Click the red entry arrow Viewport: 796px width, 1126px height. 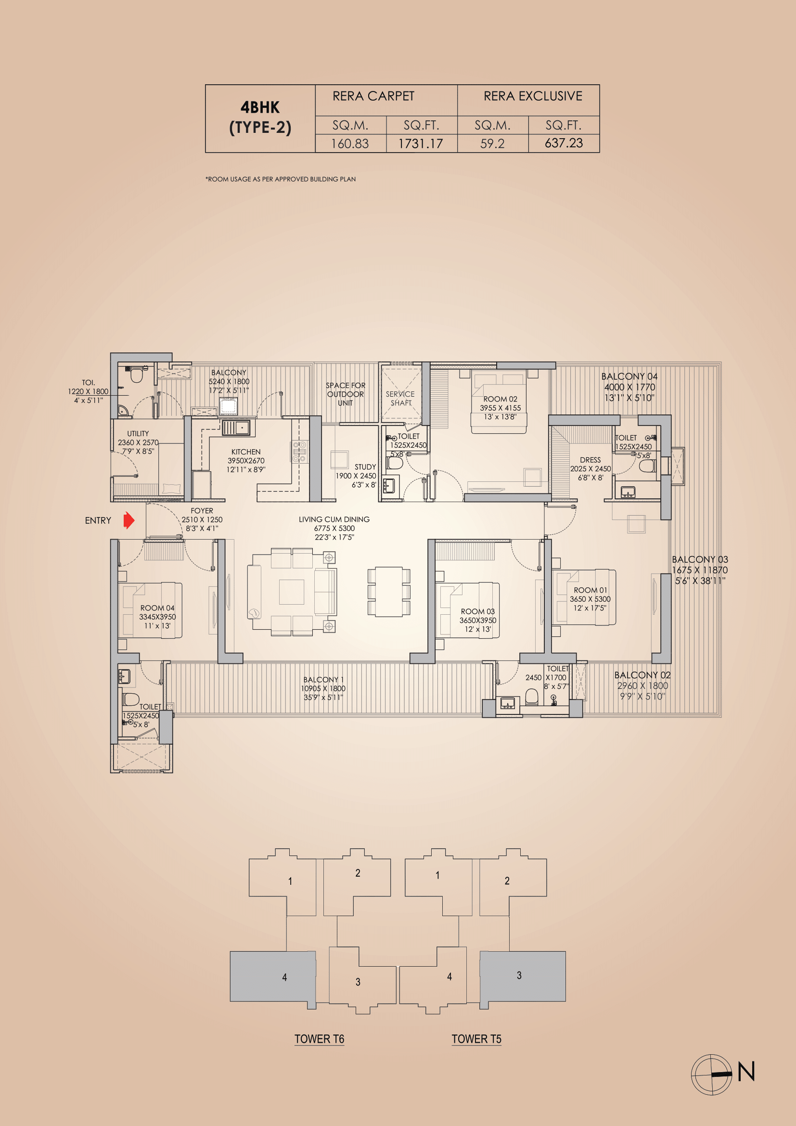[x=128, y=520]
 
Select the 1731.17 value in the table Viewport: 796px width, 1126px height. [x=421, y=143]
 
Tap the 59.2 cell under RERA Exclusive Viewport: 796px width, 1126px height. [x=492, y=143]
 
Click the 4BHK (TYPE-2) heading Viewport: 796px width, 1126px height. [x=260, y=117]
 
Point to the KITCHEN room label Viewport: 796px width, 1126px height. [x=245, y=452]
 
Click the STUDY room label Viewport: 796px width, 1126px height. [x=365, y=467]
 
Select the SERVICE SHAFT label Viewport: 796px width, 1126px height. [x=400, y=398]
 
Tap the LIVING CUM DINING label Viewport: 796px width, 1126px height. [x=334, y=519]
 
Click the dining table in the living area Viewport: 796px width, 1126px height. [x=389, y=592]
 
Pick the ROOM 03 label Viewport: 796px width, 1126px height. [x=477, y=611]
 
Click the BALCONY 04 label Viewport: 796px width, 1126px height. [x=629, y=376]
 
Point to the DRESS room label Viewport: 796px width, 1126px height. [x=590, y=460]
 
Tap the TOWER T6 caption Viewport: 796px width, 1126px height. [x=319, y=1039]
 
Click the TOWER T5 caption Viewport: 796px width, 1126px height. [x=476, y=1039]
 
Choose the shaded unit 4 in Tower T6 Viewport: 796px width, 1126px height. [x=272, y=976]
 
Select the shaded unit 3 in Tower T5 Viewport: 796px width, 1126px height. [x=523, y=975]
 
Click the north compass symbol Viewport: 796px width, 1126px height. [x=712, y=1074]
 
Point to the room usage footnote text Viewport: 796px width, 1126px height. [x=281, y=179]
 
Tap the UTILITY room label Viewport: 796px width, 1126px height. [x=138, y=434]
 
